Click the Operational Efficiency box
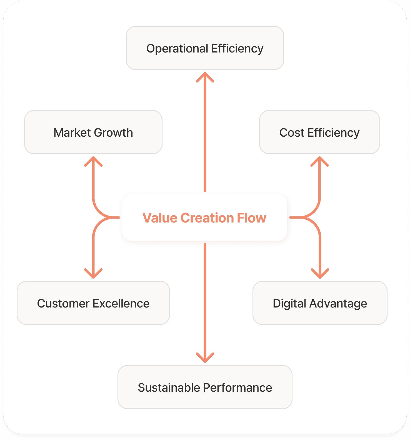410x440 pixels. [x=205, y=48]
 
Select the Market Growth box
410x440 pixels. [x=93, y=132]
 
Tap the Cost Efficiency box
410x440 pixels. [x=319, y=132]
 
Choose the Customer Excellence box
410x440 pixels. [x=93, y=303]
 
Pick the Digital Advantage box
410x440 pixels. [x=320, y=303]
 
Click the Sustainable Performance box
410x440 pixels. [x=205, y=387]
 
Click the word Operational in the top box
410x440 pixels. [x=177, y=48]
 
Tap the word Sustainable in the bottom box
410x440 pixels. [x=169, y=387]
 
